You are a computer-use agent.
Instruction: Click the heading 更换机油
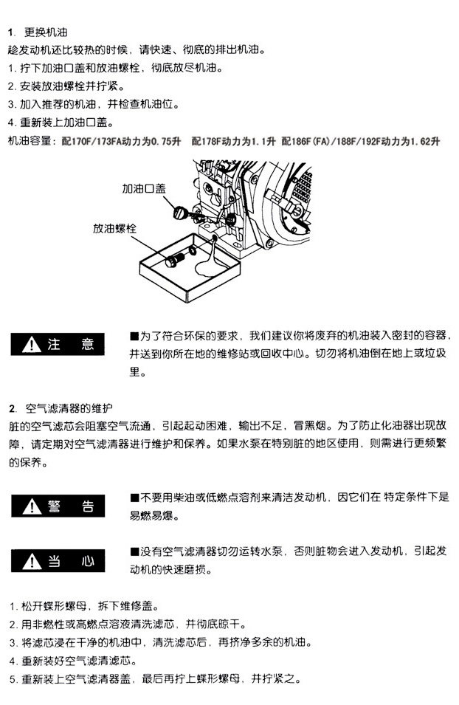pos(46,32)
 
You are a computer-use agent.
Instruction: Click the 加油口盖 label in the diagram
pos(144,188)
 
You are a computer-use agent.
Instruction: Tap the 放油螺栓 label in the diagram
pos(114,228)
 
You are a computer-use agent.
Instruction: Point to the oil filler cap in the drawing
pos(180,212)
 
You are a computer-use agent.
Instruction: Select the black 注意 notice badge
pos(58,345)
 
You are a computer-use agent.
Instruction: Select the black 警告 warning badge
pos(58,506)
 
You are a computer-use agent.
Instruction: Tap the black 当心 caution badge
pos(58,560)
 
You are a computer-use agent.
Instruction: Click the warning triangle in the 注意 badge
pos(32,345)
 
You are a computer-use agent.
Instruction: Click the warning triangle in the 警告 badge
pos(32,506)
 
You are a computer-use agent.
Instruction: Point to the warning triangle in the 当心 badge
pos(32,561)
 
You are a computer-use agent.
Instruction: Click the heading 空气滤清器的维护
pos(69,408)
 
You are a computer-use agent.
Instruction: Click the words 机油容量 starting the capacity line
pos(30,141)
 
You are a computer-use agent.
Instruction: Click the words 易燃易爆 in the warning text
pos(151,516)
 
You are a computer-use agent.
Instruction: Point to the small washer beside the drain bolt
pos(193,250)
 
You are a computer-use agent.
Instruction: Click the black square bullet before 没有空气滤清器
pos(134,551)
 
